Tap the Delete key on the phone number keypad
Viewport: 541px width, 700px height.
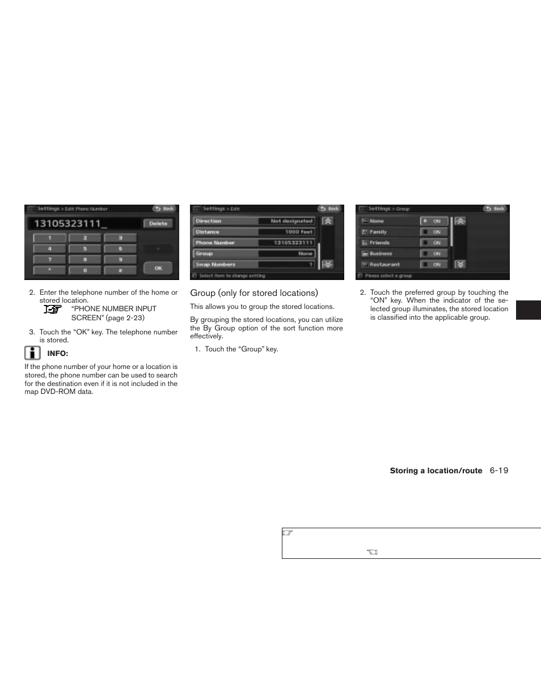(158, 223)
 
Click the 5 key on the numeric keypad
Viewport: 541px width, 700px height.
(85, 248)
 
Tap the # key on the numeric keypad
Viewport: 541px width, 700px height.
(120, 270)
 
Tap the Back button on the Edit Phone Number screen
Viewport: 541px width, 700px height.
(165, 209)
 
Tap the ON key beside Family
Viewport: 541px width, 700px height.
(434, 232)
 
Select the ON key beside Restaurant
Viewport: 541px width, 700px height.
(434, 264)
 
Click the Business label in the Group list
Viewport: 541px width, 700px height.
(381, 253)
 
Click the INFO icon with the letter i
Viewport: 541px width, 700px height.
(32, 353)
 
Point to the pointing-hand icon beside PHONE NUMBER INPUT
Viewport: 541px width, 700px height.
(53, 309)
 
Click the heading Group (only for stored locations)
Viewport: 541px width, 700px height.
(254, 293)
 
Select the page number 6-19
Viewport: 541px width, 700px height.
(499, 470)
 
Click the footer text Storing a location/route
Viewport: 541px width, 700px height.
(436, 470)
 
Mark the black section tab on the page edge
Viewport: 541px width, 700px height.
(528, 310)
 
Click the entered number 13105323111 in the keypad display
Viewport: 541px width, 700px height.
(70, 223)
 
